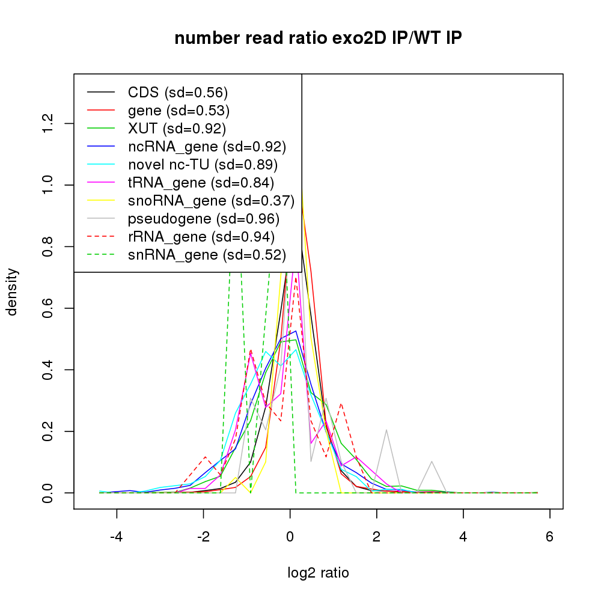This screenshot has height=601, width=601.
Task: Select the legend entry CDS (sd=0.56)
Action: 178,93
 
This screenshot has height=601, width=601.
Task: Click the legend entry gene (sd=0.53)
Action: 178,111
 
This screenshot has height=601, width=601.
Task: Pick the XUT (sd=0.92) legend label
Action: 177,129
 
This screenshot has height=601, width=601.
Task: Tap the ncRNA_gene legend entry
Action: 207,147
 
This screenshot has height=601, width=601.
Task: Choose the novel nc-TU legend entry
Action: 203,165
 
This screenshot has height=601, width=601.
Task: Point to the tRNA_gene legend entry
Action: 201,183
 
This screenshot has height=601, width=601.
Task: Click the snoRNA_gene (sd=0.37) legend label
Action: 211,201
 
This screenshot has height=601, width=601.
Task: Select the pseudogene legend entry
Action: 203,219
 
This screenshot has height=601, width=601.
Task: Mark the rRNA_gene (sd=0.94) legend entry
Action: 201,237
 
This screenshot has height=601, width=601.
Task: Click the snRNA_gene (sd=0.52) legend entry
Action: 206,255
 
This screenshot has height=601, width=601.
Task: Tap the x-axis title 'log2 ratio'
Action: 318,573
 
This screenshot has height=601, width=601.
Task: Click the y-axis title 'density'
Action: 13,291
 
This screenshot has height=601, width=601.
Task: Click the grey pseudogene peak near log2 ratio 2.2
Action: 386,430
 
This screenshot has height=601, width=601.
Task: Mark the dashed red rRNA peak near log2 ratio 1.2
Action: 341,404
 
